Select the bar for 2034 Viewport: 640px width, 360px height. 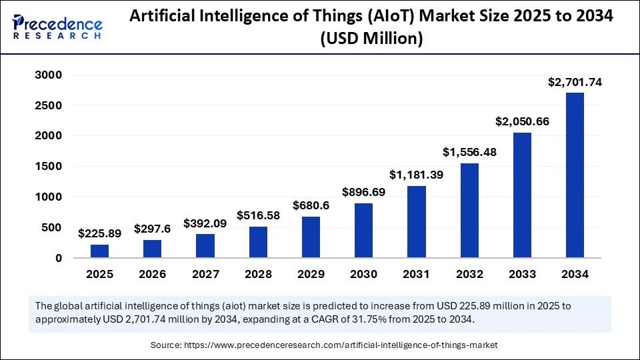coord(575,175)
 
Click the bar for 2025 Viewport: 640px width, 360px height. coord(99,251)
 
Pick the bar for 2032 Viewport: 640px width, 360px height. coord(469,210)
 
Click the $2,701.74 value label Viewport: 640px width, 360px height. coord(575,82)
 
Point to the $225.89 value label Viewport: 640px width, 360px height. coord(99,233)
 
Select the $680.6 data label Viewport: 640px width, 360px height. coord(311,205)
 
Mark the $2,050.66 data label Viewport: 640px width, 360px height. coord(522,122)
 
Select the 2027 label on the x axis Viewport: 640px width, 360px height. coord(205,274)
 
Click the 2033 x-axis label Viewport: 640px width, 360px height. coord(522,274)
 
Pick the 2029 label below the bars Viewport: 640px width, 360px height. coord(311,274)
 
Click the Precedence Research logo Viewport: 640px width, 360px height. coord(57,27)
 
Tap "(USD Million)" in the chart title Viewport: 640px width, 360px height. coord(371,39)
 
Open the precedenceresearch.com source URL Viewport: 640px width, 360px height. coord(343,345)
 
